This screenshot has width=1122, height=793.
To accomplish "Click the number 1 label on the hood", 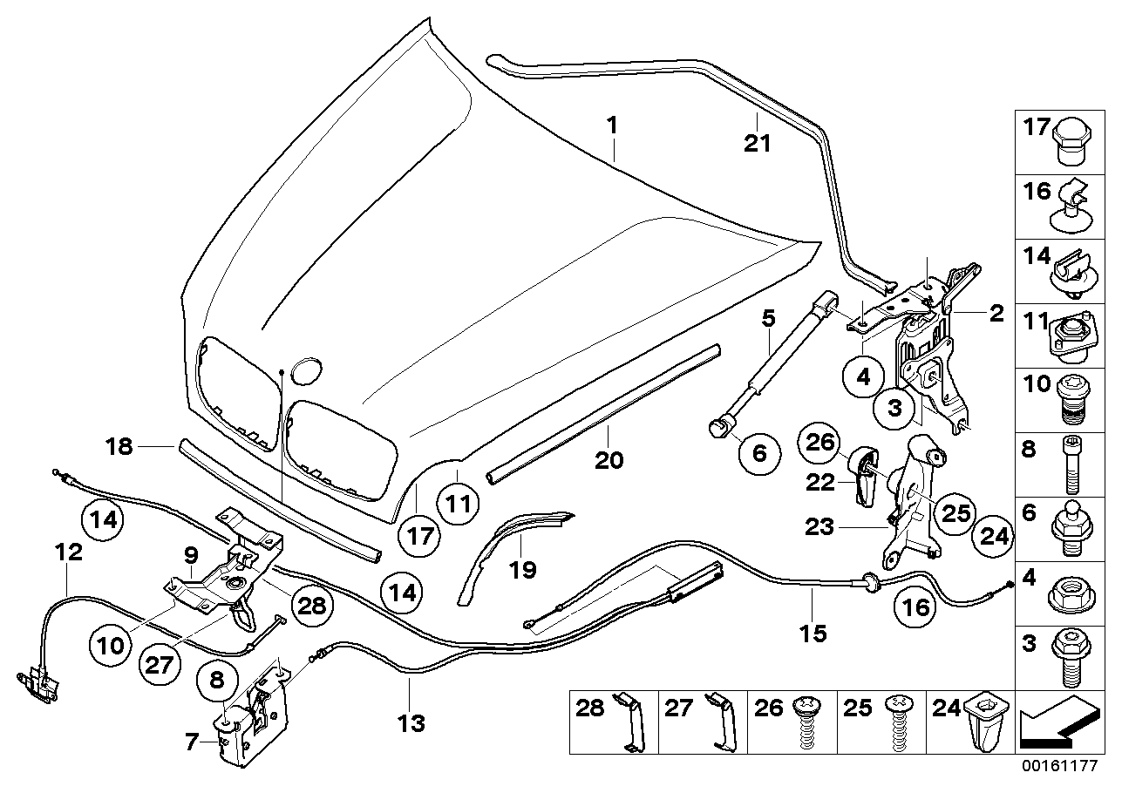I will click(x=612, y=126).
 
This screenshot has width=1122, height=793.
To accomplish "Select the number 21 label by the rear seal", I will click(x=757, y=142).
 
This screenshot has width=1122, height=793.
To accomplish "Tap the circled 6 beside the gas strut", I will click(x=758, y=452).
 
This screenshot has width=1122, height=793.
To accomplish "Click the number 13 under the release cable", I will click(x=411, y=722).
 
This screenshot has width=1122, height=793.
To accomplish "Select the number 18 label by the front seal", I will click(x=119, y=447).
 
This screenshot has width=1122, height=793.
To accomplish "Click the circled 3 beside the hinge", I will click(x=894, y=409).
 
